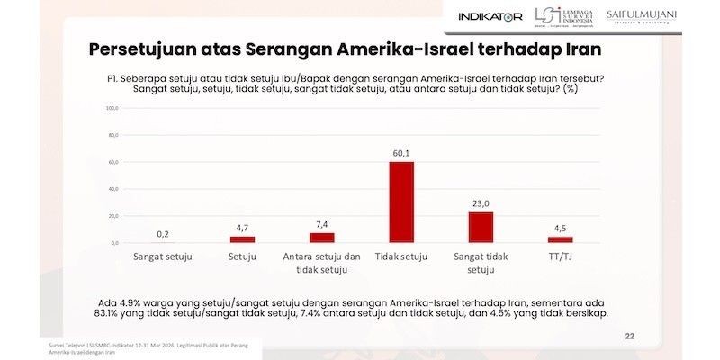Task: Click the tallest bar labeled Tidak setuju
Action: click(400, 202)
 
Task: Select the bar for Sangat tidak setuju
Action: click(481, 227)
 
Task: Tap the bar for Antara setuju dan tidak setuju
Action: click(321, 238)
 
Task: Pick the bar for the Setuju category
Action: click(242, 239)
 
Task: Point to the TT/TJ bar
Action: click(561, 239)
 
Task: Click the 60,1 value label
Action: click(400, 153)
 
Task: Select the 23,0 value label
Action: click(481, 203)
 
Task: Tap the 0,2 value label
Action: click(163, 234)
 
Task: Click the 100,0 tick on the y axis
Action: click(113, 108)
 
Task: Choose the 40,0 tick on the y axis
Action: click(113, 189)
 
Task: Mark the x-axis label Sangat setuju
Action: click(163, 257)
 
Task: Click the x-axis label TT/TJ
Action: click(561, 257)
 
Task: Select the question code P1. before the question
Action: click(113, 77)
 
